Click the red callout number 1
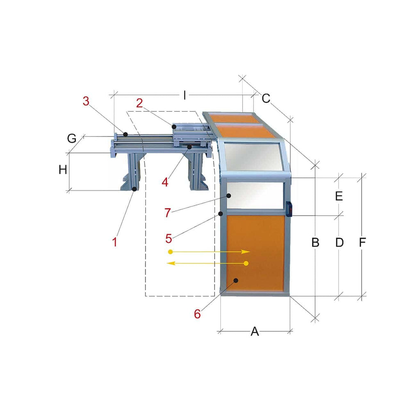click(114, 242)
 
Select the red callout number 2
click(140, 103)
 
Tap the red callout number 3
click(86, 101)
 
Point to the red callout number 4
click(165, 182)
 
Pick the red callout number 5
click(169, 239)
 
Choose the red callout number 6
click(198, 314)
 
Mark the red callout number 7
click(168, 213)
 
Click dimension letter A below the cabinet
click(255, 332)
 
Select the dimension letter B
click(315, 243)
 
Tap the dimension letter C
click(266, 98)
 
